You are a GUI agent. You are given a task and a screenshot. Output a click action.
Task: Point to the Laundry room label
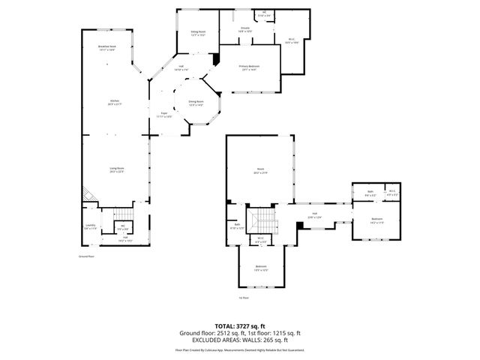tap(90, 227)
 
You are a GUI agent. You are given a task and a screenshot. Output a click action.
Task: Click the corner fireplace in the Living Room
tap(88, 193)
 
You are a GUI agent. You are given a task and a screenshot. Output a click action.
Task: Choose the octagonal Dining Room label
tap(196, 103)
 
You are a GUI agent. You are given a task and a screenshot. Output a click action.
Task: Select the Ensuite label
tap(245, 30)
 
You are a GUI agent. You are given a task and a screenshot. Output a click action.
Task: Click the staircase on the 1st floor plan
tap(262, 220)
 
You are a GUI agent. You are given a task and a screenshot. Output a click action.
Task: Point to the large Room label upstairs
tap(261, 171)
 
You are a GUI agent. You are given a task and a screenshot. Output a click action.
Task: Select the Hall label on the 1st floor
tap(314, 215)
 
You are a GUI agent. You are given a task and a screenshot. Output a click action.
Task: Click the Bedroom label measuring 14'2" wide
tap(376, 220)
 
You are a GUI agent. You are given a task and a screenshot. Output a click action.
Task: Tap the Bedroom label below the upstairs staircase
tap(261, 268)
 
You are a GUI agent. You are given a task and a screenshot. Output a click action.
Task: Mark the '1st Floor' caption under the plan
tap(244, 297)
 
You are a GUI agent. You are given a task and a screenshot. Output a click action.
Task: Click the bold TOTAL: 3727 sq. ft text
tap(240, 326)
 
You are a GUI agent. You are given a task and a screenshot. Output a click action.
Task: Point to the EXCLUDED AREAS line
tap(240, 339)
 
